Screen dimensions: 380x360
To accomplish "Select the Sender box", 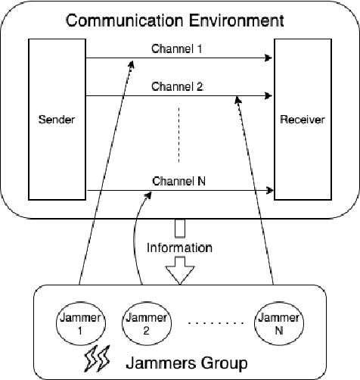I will [x=57, y=120].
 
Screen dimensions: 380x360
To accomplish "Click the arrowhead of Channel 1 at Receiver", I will [x=268, y=58].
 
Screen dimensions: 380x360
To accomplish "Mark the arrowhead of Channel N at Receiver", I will [x=268, y=190].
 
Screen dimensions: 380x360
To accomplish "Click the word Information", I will [x=179, y=247].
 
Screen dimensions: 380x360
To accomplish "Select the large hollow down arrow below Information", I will [x=179, y=270].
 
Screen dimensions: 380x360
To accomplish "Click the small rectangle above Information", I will [x=179, y=227].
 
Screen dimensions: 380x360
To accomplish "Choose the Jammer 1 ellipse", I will [x=78, y=325].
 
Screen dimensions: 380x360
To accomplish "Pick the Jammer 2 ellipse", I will [x=142, y=325].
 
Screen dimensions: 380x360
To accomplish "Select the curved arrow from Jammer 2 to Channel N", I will [x=136, y=242].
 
